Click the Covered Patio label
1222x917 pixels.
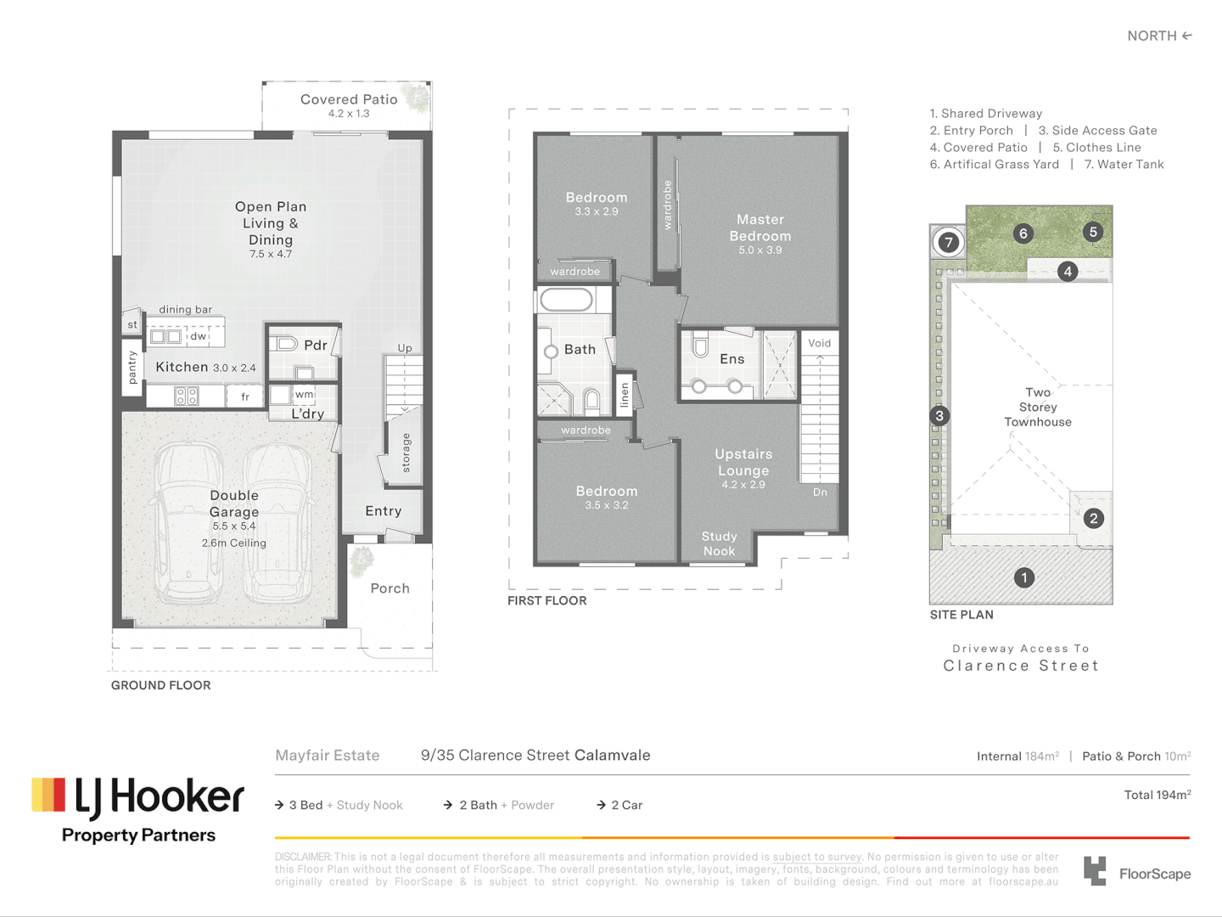pyautogui.click(x=349, y=99)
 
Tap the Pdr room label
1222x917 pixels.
pyautogui.click(x=315, y=345)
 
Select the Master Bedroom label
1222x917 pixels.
pyautogui.click(x=760, y=228)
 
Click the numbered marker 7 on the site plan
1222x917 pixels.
pyautogui.click(x=948, y=242)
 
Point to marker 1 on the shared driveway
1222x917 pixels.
pyautogui.click(x=1024, y=577)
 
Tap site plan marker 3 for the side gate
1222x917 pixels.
pyautogui.click(x=939, y=415)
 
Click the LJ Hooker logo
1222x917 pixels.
pyautogui.click(x=138, y=809)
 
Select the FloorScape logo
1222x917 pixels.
pyautogui.click(x=1137, y=872)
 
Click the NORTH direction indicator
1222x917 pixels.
pyautogui.click(x=1159, y=36)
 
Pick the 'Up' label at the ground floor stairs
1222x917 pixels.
pyautogui.click(x=405, y=348)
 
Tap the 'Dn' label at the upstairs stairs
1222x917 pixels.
pyautogui.click(x=820, y=492)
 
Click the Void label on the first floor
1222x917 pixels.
pyautogui.click(x=820, y=343)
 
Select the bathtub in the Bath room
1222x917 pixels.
pyautogui.click(x=566, y=300)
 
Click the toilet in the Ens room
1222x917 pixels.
pyautogui.click(x=701, y=346)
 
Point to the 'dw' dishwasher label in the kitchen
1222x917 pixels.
pyautogui.click(x=198, y=336)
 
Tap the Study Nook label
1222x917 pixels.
pyautogui.click(x=719, y=543)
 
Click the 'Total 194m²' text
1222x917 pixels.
pyautogui.click(x=1157, y=795)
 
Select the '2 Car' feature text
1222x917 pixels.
pyautogui.click(x=626, y=805)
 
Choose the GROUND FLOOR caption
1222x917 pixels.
pyautogui.click(x=160, y=685)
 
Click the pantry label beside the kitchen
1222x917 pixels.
pyautogui.click(x=132, y=367)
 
